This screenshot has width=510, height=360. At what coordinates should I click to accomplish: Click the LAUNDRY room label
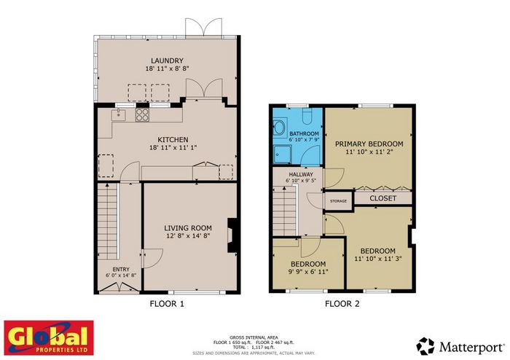[167, 60]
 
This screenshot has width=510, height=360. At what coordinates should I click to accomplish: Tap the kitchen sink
[119, 115]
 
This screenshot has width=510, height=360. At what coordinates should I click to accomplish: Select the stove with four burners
[143, 115]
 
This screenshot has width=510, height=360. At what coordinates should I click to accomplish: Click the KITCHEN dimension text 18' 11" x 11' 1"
[173, 148]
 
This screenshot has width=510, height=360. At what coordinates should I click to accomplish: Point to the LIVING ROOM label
[188, 228]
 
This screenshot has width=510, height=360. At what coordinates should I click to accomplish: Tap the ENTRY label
[121, 269]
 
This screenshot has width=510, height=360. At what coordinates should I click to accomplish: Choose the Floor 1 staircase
[107, 221]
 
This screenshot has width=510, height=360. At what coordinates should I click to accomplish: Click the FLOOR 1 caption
[167, 304]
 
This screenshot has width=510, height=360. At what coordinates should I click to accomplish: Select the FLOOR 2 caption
[342, 304]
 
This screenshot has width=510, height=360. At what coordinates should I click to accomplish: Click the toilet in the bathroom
[307, 116]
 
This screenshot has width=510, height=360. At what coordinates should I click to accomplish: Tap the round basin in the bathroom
[279, 128]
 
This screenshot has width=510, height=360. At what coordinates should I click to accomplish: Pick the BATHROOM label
[304, 133]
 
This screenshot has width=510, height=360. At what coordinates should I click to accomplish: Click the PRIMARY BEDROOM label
[369, 144]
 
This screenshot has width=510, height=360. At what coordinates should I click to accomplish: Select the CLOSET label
[382, 198]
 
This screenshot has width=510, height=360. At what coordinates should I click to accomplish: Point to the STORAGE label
[338, 201]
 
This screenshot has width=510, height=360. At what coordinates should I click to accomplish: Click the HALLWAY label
[301, 174]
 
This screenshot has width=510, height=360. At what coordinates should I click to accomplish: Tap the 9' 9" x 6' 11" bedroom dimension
[308, 272]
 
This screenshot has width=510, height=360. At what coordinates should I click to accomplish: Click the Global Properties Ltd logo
[49, 337]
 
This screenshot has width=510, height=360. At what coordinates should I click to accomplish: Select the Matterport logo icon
[425, 346]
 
